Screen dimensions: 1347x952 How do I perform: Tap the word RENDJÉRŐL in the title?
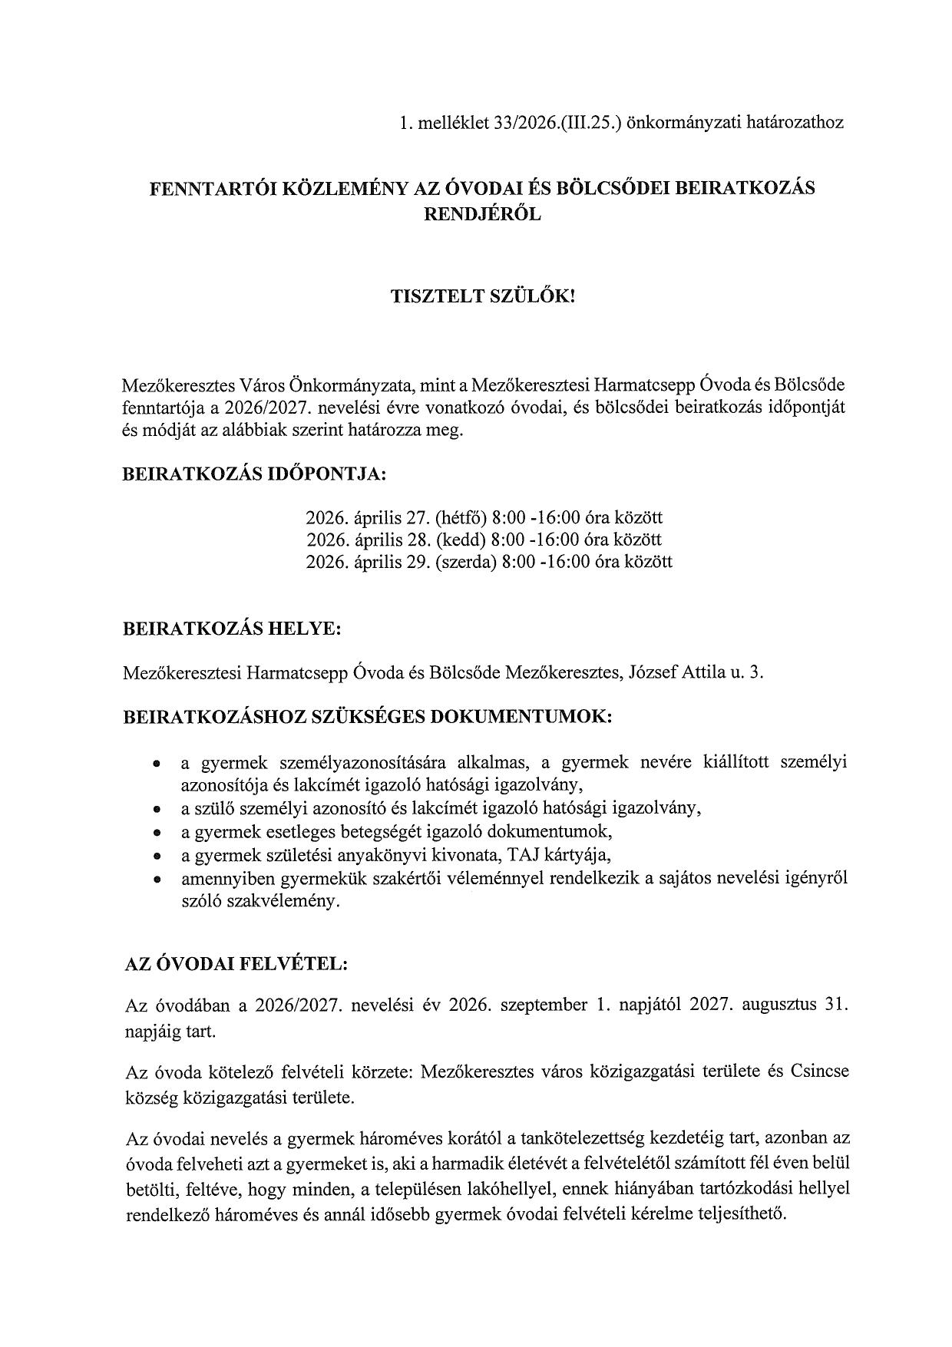483,215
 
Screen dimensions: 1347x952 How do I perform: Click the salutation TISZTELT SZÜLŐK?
483,297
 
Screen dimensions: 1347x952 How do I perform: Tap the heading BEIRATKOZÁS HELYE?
232,629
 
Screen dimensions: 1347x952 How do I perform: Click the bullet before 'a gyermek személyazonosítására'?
157,764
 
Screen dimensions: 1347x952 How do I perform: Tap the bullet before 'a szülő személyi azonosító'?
157,809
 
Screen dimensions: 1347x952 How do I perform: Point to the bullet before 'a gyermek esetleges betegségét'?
157,832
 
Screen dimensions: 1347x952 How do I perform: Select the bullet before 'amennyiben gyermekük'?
157,878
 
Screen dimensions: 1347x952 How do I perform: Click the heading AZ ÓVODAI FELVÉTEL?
236,964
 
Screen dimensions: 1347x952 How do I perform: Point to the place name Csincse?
819,1071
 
